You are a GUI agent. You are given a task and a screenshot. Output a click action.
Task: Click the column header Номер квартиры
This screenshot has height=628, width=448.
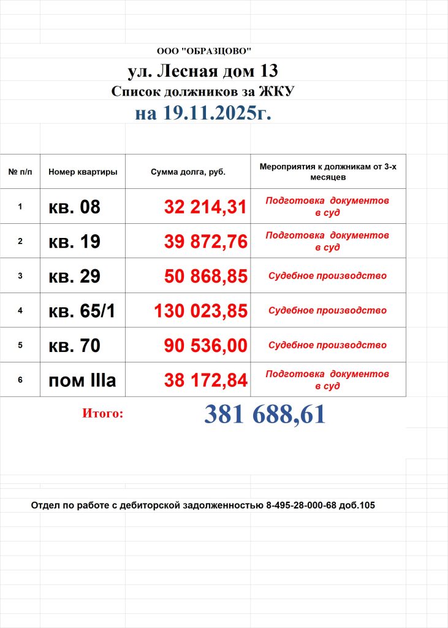pyautogui.click(x=83, y=172)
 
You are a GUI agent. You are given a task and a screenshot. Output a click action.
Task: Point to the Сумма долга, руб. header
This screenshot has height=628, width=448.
pyautogui.click(x=188, y=172)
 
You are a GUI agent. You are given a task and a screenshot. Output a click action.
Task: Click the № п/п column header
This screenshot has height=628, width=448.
pyautogui.click(x=20, y=172)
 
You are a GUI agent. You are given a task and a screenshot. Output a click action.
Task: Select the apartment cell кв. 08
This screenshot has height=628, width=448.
pyautogui.click(x=74, y=207)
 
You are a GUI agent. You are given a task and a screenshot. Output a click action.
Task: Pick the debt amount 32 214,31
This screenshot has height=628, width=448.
pyautogui.click(x=205, y=207)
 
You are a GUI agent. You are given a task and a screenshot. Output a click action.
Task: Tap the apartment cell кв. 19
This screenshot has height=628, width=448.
pyautogui.click(x=74, y=242)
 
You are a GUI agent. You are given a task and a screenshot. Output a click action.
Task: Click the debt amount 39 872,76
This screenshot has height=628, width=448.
pyautogui.click(x=205, y=242)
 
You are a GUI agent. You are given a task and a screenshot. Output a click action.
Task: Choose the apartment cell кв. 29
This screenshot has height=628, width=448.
pyautogui.click(x=74, y=276)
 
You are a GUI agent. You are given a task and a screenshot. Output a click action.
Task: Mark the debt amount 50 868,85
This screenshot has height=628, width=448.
pyautogui.click(x=205, y=276)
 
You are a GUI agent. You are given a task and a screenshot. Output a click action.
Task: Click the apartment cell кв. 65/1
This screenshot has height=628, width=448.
pyautogui.click(x=82, y=311)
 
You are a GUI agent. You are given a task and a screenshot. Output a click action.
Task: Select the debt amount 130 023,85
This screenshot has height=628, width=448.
pyautogui.click(x=200, y=311)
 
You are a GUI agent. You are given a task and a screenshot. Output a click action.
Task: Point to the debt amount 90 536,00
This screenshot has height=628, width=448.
pyautogui.click(x=205, y=345)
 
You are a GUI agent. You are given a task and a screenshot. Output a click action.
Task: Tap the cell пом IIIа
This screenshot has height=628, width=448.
pyautogui.click(x=82, y=380)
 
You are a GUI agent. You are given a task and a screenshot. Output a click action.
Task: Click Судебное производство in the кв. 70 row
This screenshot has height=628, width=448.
pyautogui.click(x=327, y=345)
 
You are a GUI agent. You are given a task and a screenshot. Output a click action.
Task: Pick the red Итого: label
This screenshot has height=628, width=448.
pyautogui.click(x=102, y=414)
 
